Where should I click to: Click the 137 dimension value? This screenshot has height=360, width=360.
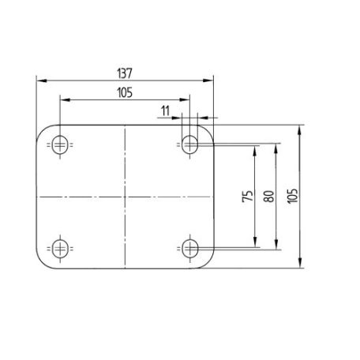coord(125,73)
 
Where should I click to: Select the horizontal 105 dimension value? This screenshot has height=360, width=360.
coord(125,92)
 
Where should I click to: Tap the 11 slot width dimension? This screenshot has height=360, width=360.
coord(165,111)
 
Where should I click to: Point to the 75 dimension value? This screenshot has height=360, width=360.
coord(248,196)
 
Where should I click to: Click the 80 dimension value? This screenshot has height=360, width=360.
coord(268,196)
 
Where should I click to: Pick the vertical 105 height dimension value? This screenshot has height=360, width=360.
coord(292,196)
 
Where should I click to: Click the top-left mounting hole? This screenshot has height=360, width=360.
coord(60,144)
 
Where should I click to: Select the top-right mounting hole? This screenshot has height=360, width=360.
coord(189,144)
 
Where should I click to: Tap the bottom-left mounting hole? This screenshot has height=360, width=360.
coord(60,249)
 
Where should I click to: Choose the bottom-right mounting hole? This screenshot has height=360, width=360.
coord(189,249)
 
